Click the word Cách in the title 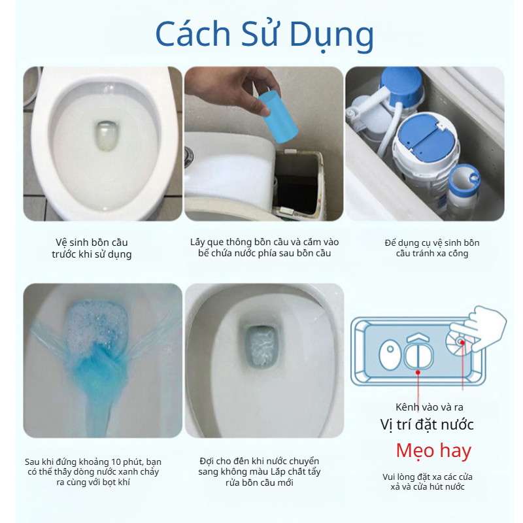click(193, 33)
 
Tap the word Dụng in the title click(331, 36)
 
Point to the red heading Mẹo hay click(433, 451)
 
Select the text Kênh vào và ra click(430, 407)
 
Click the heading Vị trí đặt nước click(427, 424)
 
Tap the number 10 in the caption click(116, 462)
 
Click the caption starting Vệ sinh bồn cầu click(92, 248)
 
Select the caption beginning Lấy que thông click(264, 248)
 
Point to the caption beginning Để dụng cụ click(432, 248)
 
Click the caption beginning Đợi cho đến click(259, 471)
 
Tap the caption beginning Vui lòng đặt click(428, 482)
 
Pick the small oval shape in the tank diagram click(390, 354)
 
